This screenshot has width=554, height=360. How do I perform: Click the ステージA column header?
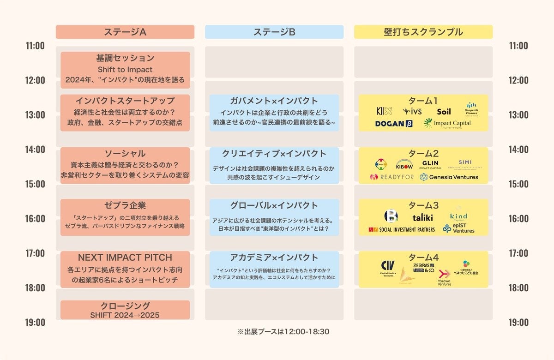tap(125, 32)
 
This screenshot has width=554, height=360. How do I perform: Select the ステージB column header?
tap(274, 32)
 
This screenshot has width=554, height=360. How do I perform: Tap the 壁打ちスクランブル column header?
tap(423, 32)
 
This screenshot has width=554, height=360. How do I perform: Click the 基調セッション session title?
tap(125, 59)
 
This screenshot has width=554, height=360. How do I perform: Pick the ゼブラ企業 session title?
tap(125, 205)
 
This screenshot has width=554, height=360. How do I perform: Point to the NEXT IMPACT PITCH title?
tap(125, 258)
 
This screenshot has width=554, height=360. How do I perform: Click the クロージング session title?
tap(125, 306)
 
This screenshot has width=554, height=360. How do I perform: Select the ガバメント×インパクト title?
tap(274, 101)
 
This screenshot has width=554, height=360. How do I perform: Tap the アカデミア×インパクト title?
tap(274, 258)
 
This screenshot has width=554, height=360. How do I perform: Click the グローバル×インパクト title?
tap(274, 205)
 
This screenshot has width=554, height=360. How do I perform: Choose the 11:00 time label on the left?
tap(35, 46)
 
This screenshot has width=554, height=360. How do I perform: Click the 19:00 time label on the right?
tap(518, 322)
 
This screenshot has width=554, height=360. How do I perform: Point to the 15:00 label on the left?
tap(35, 184)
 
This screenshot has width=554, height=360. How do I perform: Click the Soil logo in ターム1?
tap(444, 111)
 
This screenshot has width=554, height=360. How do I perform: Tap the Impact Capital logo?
tap(447, 123)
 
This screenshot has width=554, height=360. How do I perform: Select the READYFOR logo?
tap(392, 177)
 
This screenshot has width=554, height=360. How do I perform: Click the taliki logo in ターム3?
tap(422, 217)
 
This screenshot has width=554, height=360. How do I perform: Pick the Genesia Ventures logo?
tap(449, 177)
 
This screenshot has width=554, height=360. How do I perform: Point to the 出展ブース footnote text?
tap(283, 331)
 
